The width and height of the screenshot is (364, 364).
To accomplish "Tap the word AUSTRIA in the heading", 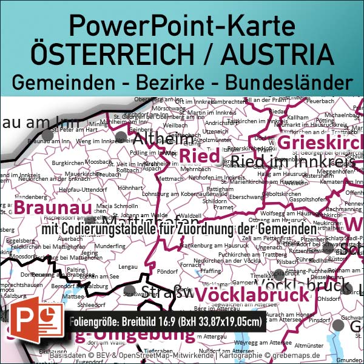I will coord(277,53).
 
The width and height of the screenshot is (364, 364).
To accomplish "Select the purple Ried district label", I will coord(199,155).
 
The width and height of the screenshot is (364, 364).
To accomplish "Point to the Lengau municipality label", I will coord(127,266).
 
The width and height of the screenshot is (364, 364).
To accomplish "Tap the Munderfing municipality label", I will coord(110,246).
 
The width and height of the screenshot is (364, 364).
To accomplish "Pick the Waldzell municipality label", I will coord(190,215).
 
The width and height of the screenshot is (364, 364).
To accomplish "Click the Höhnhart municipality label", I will coord(130,188).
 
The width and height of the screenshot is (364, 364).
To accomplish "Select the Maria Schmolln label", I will coord(117,206).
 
